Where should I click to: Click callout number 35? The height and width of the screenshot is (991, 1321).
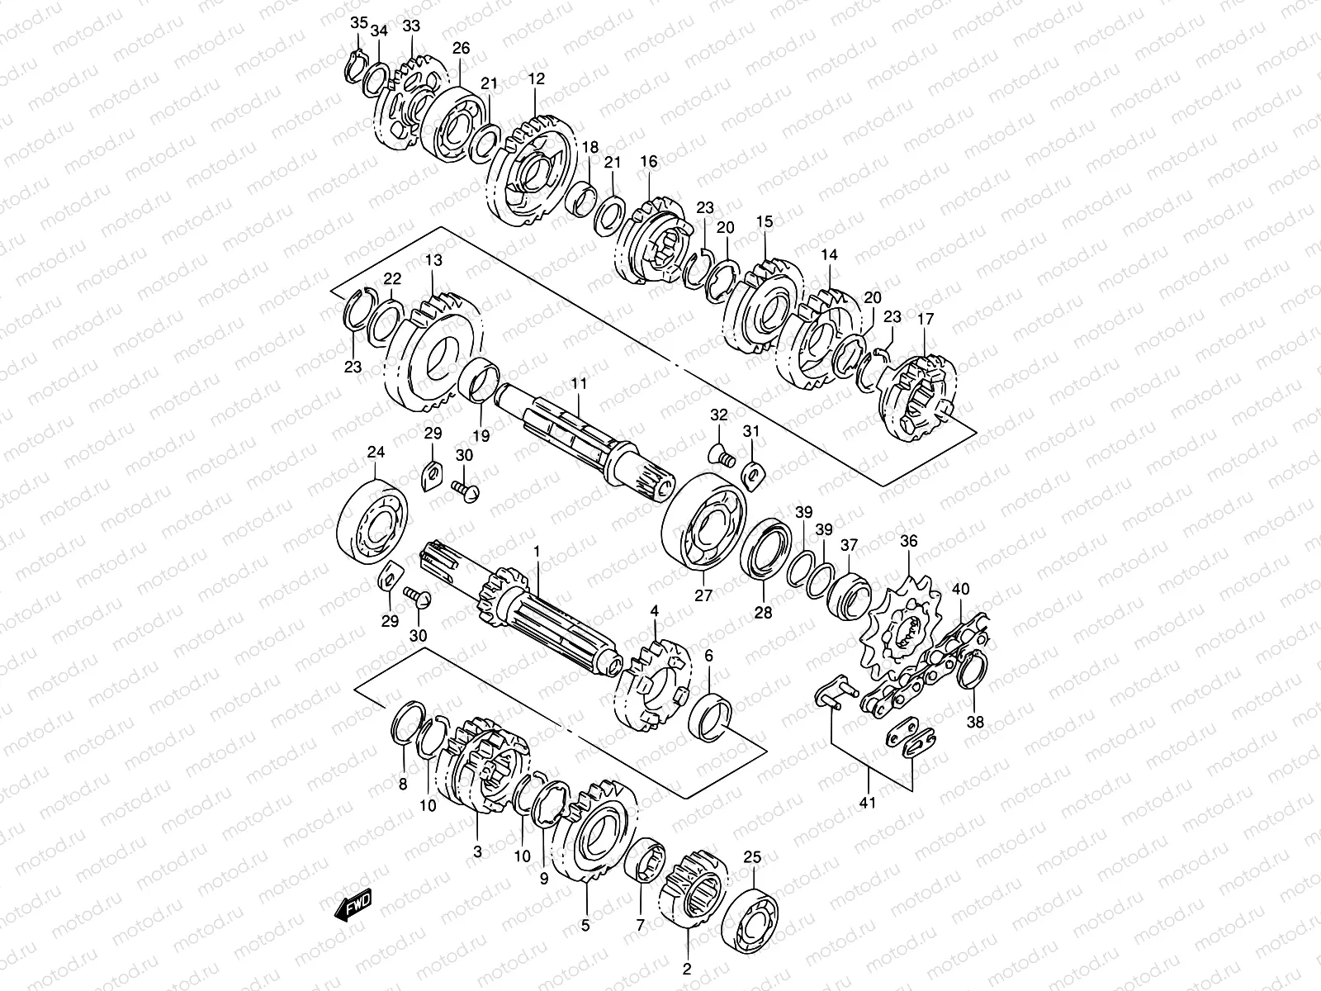358,23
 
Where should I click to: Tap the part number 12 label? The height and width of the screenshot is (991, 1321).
537,79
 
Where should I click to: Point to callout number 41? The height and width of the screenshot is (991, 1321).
868,801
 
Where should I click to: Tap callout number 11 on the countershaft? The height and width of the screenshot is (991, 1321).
578,384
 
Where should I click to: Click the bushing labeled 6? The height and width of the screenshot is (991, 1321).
712,714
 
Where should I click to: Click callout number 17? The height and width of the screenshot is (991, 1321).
924,318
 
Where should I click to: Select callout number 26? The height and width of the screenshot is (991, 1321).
461,49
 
